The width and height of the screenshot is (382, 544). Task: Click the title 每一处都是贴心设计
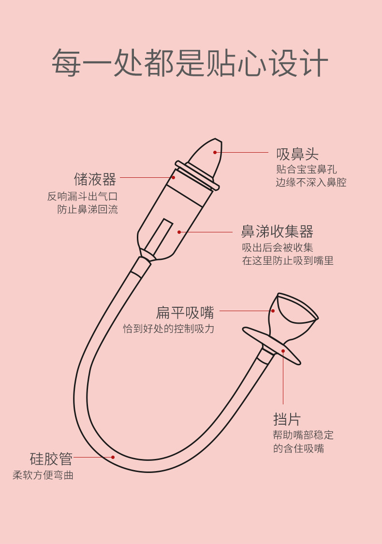coord(190,62)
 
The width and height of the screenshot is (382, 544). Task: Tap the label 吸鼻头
coord(297,154)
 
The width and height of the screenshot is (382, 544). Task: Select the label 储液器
coord(95,179)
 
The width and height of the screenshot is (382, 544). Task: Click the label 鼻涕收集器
coord(277,231)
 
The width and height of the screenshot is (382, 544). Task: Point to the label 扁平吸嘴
coord(185,313)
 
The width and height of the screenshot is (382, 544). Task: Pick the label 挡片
coord(287,419)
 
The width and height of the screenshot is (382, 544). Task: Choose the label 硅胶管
coord(51,458)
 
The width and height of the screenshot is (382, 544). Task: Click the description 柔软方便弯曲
coord(43,475)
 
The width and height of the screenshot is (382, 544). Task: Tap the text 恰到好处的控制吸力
coord(168,329)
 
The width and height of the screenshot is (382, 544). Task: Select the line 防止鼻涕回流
coord(88,209)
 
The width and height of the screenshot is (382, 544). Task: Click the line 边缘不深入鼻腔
coord(311,182)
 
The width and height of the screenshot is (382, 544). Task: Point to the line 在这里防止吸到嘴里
coord(288,260)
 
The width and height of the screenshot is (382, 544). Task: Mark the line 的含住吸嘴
coord(298,448)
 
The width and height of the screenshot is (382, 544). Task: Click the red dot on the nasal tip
coord(215,152)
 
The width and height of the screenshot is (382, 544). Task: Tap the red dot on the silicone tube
coord(113,457)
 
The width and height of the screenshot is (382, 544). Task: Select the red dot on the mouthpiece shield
coord(283,351)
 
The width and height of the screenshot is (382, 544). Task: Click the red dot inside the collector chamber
coord(179,232)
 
